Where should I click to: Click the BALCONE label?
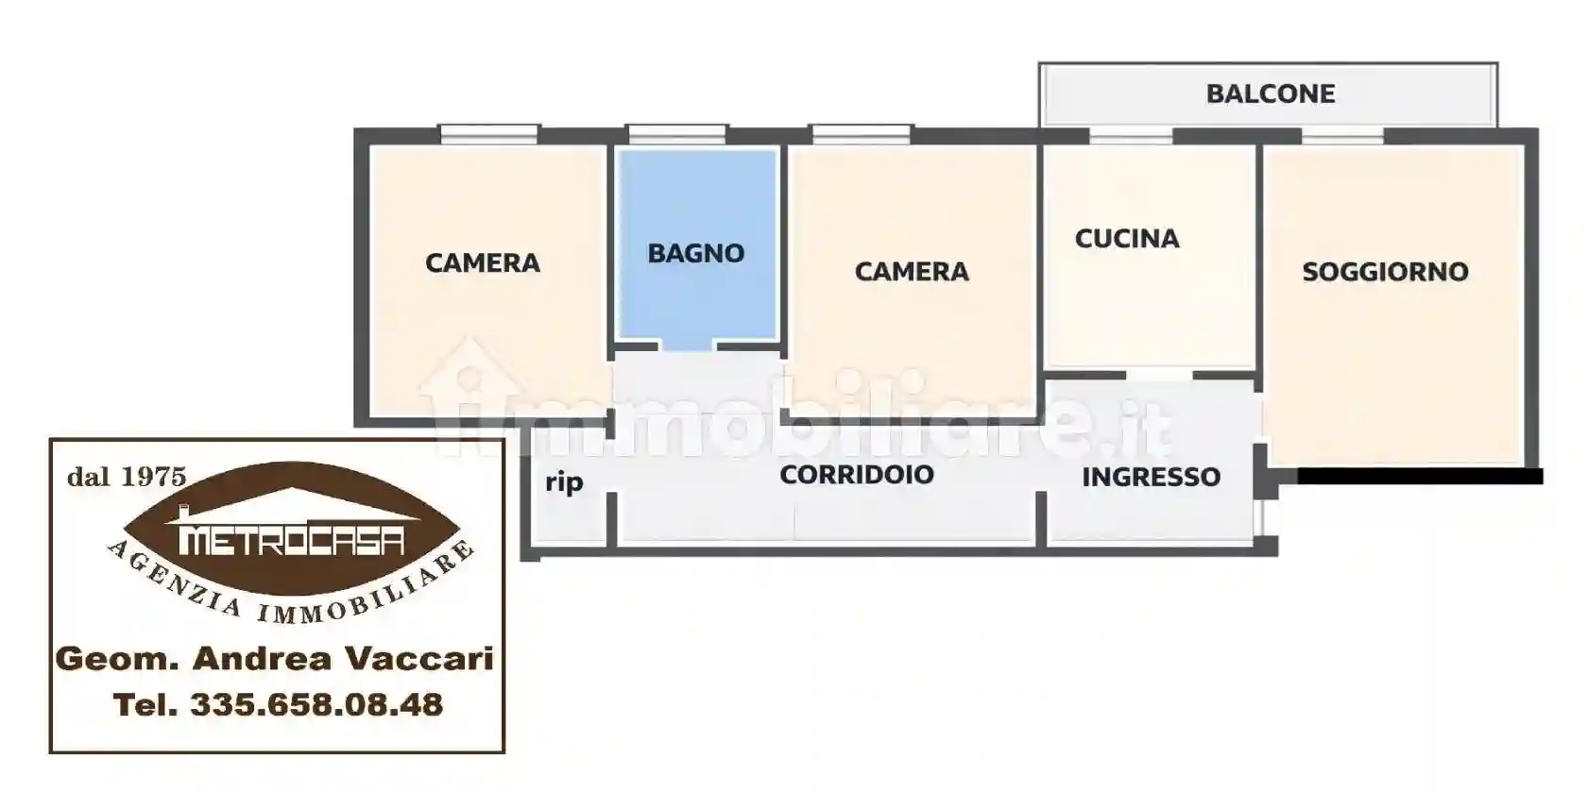[x=1270, y=94]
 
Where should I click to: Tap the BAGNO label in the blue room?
[x=695, y=253]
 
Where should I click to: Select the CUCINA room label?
[x=1127, y=239]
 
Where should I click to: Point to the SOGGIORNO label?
[x=1385, y=272]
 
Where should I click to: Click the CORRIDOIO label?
[x=856, y=474]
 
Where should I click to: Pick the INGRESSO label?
[x=1151, y=477]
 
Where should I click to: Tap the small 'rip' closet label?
[x=564, y=483]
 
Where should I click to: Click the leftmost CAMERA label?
[x=482, y=262]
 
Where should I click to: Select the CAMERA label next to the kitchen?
[x=912, y=272]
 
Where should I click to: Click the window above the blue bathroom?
[x=676, y=134]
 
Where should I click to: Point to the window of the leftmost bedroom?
[x=489, y=134]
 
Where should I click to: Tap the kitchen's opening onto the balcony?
[x=1131, y=136]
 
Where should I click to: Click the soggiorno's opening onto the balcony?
[x=1341, y=136]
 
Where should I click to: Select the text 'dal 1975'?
[x=126, y=477]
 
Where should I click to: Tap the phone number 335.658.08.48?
[x=316, y=704]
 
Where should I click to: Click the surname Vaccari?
[x=417, y=658]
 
